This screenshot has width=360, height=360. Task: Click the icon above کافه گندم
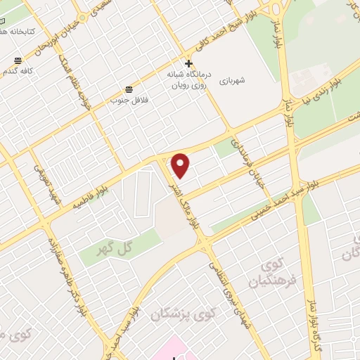click(x=18, y=60)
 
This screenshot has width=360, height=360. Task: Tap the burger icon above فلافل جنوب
click(x=129, y=89)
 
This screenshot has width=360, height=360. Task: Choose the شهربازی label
click(x=233, y=79)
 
